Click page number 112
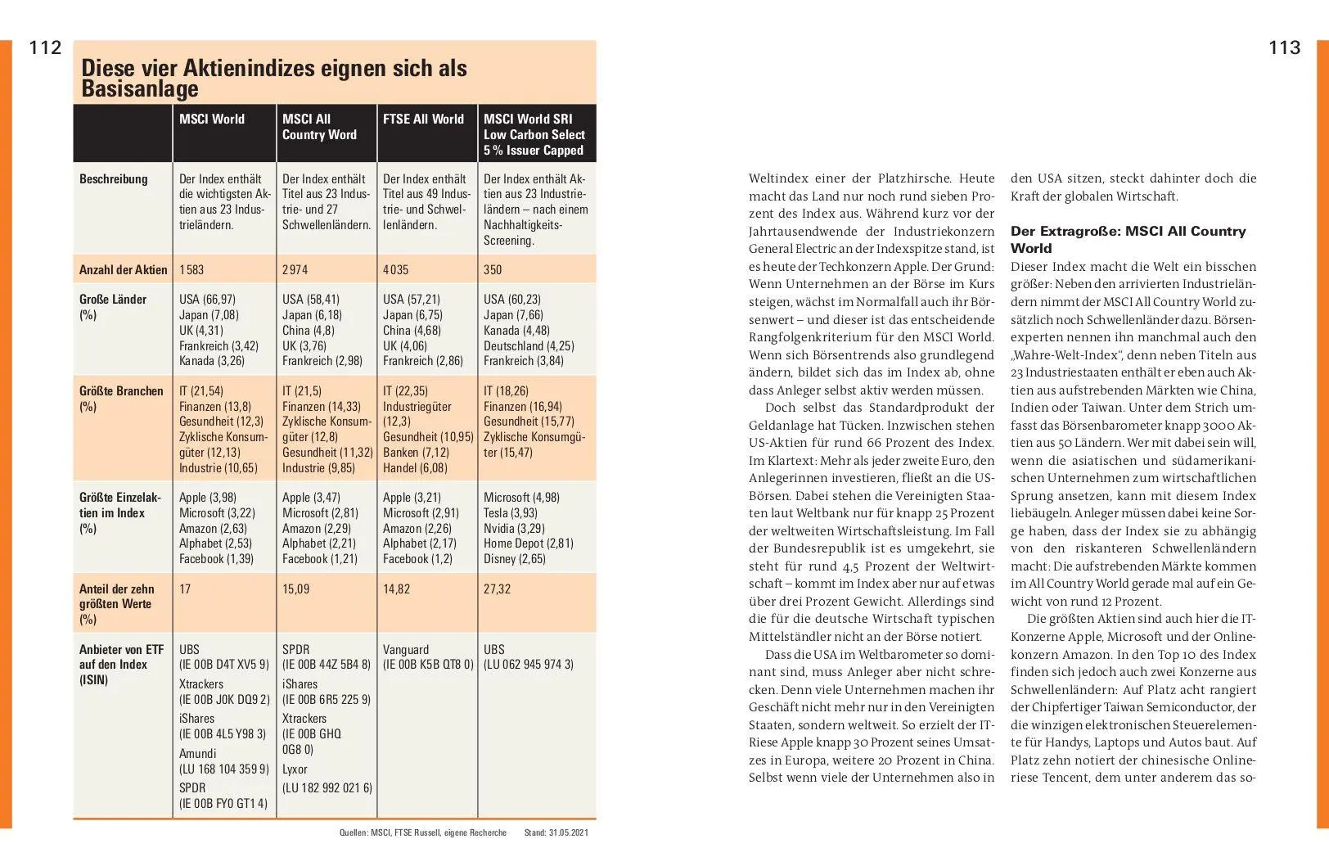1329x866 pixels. pos(45,47)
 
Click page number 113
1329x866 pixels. pos(1284,47)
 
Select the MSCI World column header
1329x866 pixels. pos(212,120)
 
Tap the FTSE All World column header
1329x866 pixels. pos(423,120)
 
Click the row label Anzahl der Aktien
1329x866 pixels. pos(123,269)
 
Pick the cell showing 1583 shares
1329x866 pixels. pos(191,269)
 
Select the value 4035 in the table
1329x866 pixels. pos(395,269)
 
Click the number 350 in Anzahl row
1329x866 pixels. pos(493,269)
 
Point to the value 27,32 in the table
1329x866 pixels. pos(497,589)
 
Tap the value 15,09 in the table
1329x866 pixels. pos(295,589)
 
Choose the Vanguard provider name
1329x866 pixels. pos(406,649)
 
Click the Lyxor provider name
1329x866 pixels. pos(295,769)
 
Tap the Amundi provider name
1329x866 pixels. pos(198,753)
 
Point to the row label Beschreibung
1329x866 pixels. pos(114,179)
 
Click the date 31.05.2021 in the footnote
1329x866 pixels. pos(567,832)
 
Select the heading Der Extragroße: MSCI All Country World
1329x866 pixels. pos(1128,239)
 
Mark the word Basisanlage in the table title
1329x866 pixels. pos(140,88)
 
